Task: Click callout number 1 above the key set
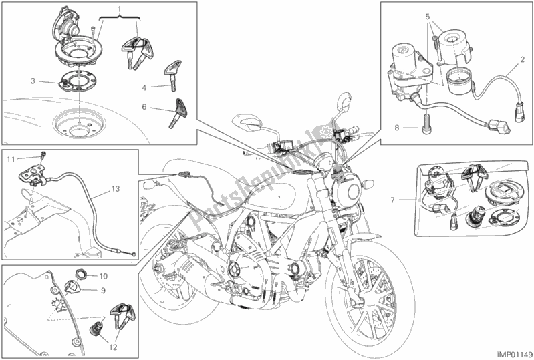[x=120, y=10]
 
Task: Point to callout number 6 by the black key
[x=145, y=106]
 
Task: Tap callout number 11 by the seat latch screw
[x=11, y=160]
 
